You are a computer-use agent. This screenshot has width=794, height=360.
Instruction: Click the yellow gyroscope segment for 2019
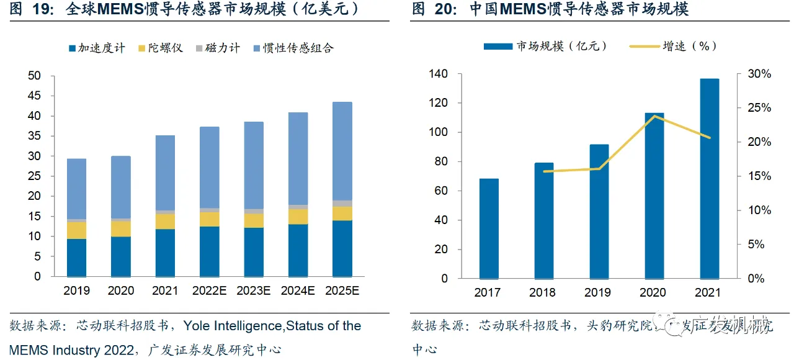76,230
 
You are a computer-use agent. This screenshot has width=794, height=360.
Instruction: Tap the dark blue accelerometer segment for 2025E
342,248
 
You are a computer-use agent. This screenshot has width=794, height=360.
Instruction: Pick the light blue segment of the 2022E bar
209,168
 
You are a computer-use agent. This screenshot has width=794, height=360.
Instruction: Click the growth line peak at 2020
654,116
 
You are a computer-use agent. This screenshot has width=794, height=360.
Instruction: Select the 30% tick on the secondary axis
759,74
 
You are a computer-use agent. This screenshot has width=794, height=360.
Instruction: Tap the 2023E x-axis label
253,290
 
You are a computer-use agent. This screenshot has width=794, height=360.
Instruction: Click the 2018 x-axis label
543,292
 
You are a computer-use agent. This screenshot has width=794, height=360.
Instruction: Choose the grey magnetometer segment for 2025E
342,203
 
